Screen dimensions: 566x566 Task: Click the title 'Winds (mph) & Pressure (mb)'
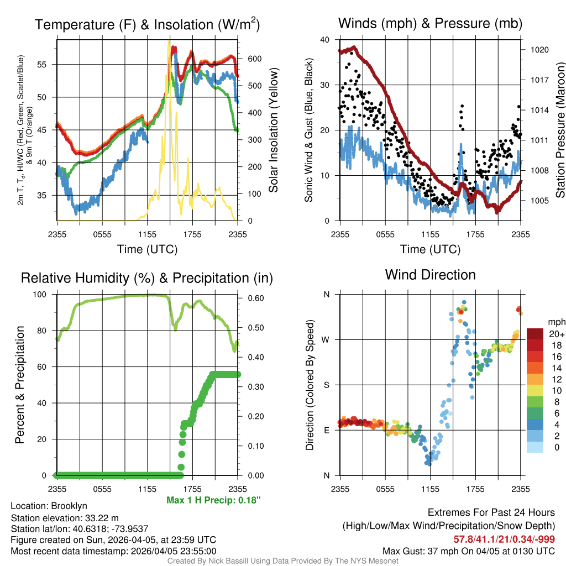(x=430, y=24)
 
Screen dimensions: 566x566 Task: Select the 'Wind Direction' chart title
(x=430, y=275)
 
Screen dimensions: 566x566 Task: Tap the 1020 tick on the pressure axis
(x=538, y=50)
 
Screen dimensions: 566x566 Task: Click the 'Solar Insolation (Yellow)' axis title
(x=273, y=130)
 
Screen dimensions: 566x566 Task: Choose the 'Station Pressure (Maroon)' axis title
(x=559, y=130)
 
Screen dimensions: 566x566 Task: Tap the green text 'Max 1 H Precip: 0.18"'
(x=213, y=500)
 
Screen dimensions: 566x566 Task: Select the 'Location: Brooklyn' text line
(x=49, y=506)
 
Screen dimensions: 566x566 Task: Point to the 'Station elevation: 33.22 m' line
(x=65, y=517)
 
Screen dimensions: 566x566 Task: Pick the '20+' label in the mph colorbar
(x=555, y=334)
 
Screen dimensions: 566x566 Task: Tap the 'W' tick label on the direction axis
(x=326, y=339)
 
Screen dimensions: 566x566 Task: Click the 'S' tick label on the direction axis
(x=326, y=385)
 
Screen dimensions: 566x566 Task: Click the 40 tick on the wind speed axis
(x=326, y=40)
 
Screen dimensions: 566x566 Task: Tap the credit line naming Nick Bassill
(x=282, y=561)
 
